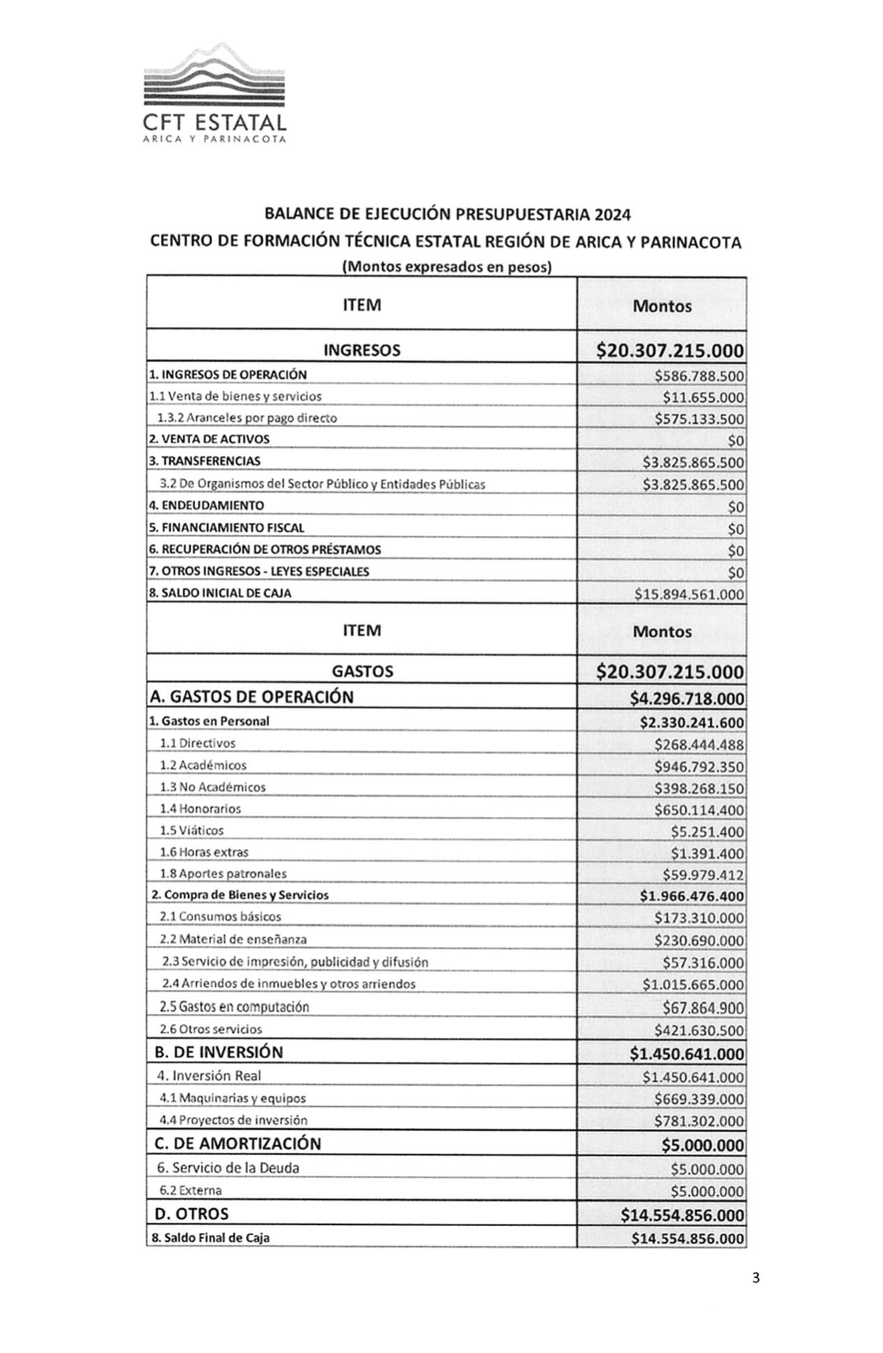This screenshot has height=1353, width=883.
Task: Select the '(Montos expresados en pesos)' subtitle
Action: tap(446, 267)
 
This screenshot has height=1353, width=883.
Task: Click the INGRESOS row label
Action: tap(362, 350)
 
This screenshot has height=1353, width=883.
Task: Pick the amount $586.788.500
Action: tap(698, 376)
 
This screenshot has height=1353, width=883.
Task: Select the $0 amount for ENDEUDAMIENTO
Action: tap(735, 507)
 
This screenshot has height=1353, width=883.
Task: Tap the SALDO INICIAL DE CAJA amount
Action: tap(689, 594)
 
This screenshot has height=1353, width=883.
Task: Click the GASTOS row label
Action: tap(362, 672)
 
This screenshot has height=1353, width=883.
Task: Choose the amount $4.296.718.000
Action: tap(686, 698)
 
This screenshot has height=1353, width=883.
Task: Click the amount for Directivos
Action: tap(698, 744)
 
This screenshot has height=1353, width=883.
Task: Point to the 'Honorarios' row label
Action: tap(200, 809)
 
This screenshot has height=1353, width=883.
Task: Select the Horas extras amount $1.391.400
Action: tap(707, 853)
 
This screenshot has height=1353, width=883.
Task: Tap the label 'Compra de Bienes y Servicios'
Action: tap(240, 896)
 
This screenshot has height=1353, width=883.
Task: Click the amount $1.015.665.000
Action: tap(693, 985)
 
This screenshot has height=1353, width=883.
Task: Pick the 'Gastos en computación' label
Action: tap(234, 1007)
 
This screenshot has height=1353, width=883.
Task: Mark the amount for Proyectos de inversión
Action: tap(698, 1121)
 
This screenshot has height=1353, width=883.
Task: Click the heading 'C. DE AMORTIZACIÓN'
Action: tap(238, 1143)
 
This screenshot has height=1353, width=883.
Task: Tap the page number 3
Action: tap(756, 1277)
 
